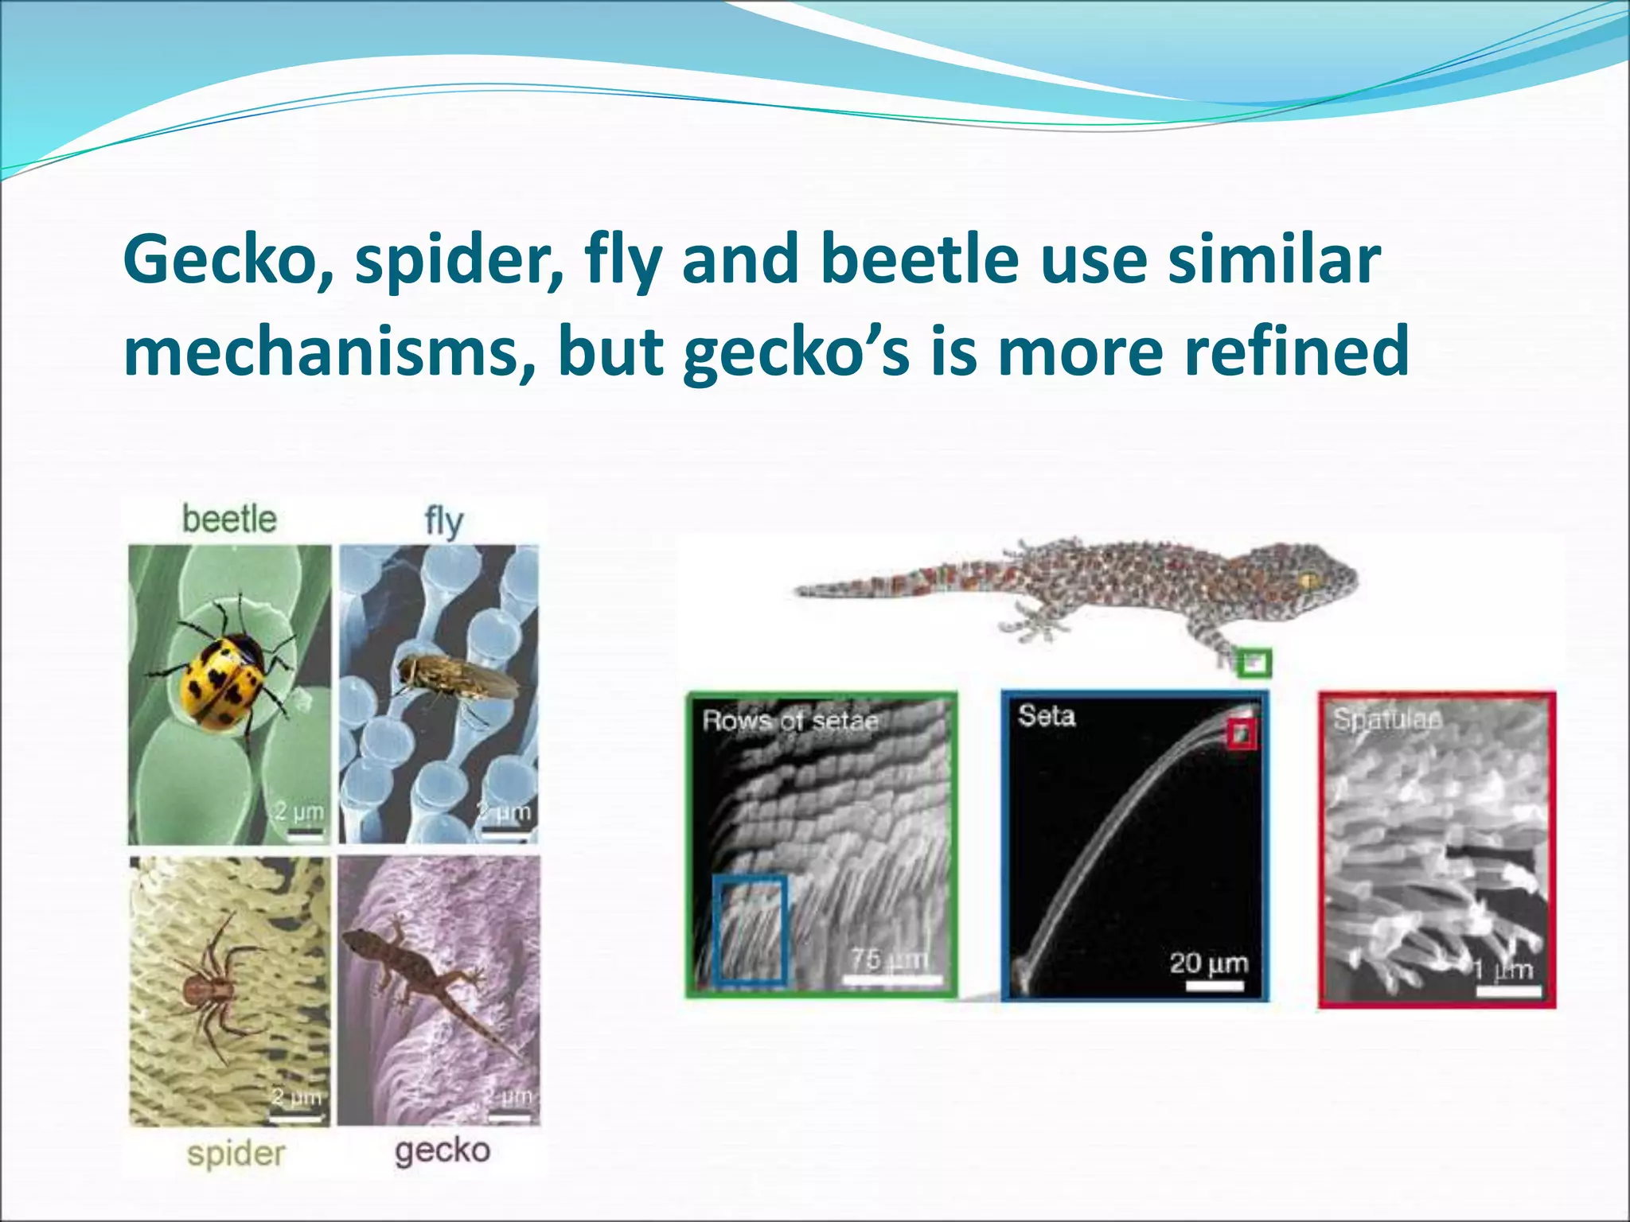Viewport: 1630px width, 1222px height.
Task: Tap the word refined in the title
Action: [x=1297, y=352]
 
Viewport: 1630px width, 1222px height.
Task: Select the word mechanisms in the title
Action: [x=321, y=352]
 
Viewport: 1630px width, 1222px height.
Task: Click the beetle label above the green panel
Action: [x=229, y=520]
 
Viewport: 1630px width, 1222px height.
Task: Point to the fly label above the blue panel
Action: [x=443, y=523]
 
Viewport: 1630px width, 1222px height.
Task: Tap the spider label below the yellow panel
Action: [x=236, y=1154]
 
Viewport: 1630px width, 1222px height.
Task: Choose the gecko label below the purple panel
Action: [x=443, y=1150]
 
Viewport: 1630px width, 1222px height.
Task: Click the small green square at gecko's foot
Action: [x=1254, y=662]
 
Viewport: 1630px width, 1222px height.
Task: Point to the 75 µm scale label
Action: [x=889, y=959]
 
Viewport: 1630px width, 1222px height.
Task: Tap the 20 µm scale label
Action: [x=1209, y=963]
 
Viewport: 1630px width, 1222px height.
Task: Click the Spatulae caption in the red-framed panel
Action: [x=1386, y=719]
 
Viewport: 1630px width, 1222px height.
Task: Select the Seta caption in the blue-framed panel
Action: [x=1047, y=715]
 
